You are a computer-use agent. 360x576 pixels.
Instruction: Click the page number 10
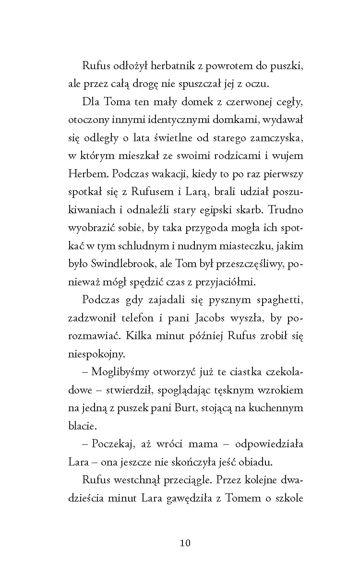coord(185,543)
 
